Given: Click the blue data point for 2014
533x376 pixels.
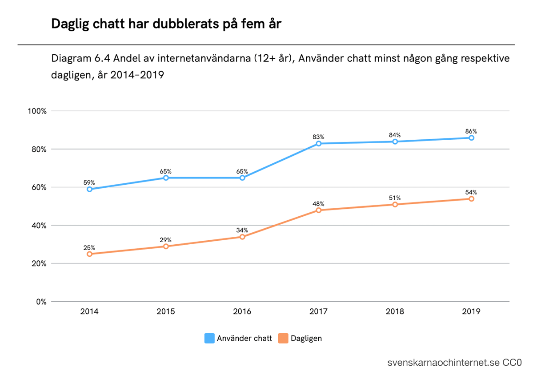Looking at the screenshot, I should pos(89,189).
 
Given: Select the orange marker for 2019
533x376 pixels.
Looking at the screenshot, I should pos(471,199).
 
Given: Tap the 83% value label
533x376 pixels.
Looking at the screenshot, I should pos(318,137).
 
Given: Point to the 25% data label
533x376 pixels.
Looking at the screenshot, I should pos(89,247).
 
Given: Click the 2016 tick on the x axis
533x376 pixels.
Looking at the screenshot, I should pos(242,311).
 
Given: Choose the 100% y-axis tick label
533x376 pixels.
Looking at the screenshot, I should pos(37,111).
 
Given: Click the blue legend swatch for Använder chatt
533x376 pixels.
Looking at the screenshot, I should pos(209,338).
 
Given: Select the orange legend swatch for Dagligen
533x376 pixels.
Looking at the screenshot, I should pos(283,338).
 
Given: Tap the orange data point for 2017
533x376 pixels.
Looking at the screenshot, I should pos(318,210).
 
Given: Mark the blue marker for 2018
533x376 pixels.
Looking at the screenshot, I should pos(395,142).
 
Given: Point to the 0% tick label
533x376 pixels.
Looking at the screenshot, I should pos(41,302).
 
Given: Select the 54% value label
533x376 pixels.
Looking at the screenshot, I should pos(471,192).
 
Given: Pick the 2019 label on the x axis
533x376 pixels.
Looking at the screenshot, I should pos(471,311).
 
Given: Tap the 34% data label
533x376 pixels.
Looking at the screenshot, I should pos(242,230).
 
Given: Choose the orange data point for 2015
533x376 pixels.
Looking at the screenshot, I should pos(166,246).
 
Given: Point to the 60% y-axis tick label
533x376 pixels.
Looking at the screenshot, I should pos(39,187).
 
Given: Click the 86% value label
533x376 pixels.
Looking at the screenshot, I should pos(471,131).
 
